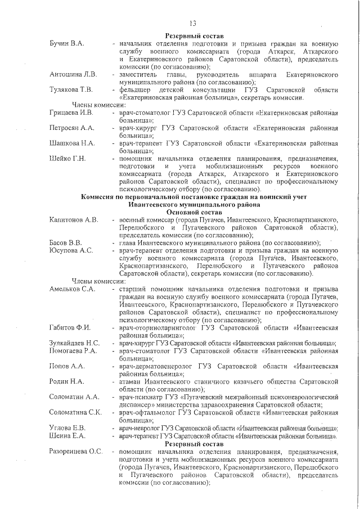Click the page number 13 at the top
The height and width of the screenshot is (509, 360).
point(192,23)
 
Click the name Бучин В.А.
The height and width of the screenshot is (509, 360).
point(66,43)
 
